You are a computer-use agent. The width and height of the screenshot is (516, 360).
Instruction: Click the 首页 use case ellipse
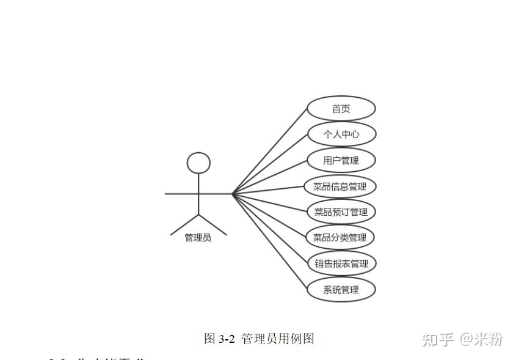click(x=341, y=109)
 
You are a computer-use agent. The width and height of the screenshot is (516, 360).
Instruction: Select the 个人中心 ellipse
click(x=341, y=134)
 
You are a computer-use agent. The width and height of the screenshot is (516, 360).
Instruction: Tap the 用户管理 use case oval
click(x=341, y=160)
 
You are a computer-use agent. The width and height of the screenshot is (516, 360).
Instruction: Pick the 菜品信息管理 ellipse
click(x=340, y=186)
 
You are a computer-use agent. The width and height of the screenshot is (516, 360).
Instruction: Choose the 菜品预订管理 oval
click(x=341, y=212)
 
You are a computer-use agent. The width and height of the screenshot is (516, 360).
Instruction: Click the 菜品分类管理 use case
click(x=340, y=238)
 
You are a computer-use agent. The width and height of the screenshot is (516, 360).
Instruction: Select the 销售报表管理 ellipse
click(x=341, y=263)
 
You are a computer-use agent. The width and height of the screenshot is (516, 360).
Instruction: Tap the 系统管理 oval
click(x=341, y=290)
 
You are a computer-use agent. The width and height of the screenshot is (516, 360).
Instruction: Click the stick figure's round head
click(x=198, y=163)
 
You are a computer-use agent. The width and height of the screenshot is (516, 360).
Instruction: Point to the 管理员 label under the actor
click(x=198, y=238)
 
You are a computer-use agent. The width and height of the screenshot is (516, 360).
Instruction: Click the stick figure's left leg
click(x=185, y=224)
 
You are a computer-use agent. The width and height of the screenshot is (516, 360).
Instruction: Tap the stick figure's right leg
click(x=213, y=224)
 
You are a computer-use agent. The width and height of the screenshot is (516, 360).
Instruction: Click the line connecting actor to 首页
click(x=269, y=152)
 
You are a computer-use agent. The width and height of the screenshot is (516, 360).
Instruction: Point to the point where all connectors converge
click(x=232, y=194)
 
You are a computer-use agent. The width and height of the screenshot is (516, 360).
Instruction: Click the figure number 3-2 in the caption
click(x=227, y=339)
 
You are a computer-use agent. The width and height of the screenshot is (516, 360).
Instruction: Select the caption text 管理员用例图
click(x=278, y=339)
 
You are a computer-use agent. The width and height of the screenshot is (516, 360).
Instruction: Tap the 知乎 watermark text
click(x=438, y=339)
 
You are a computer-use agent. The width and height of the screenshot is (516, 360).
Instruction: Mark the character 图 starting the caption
click(x=209, y=339)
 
